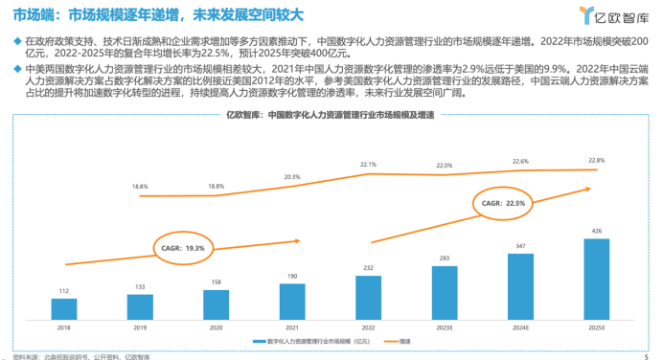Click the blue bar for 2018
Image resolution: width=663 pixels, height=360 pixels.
pyautogui.click(x=64, y=308)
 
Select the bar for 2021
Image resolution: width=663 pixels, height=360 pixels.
pyautogui.click(x=293, y=301)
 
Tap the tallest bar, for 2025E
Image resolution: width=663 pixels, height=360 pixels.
pyautogui.click(x=596, y=279)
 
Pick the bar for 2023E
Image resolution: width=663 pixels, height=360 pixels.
pyautogui.click(x=445, y=292)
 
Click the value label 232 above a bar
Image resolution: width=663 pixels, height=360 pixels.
pyautogui.click(x=369, y=267)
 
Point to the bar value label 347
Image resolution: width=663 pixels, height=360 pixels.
pyautogui.click(x=520, y=246)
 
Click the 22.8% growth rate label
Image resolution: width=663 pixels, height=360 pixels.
pyautogui.click(x=597, y=160)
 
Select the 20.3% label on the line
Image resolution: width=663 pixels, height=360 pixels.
pyautogui.click(x=292, y=176)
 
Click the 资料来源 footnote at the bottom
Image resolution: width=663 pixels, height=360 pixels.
pyautogui.click(x=96, y=355)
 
